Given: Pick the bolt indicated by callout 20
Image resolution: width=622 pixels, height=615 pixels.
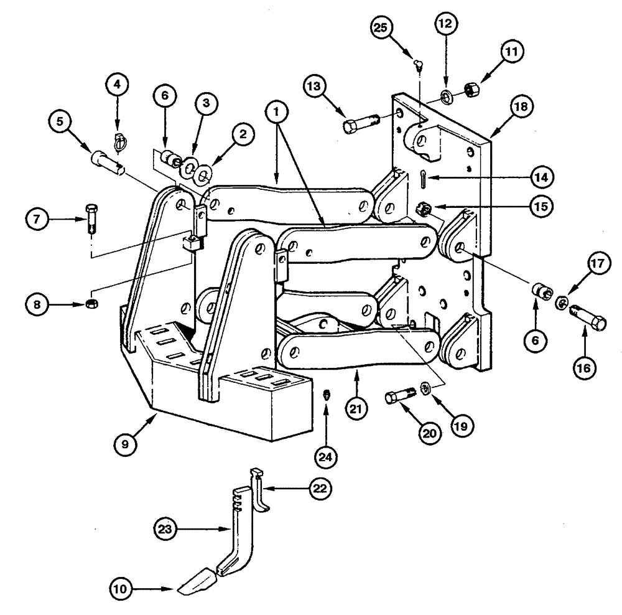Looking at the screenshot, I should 399,397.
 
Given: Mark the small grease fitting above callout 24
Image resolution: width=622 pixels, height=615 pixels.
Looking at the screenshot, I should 327,395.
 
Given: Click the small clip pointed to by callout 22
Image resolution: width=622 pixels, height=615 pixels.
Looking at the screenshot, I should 261,489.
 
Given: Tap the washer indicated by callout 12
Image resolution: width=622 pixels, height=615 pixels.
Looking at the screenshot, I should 445,97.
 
